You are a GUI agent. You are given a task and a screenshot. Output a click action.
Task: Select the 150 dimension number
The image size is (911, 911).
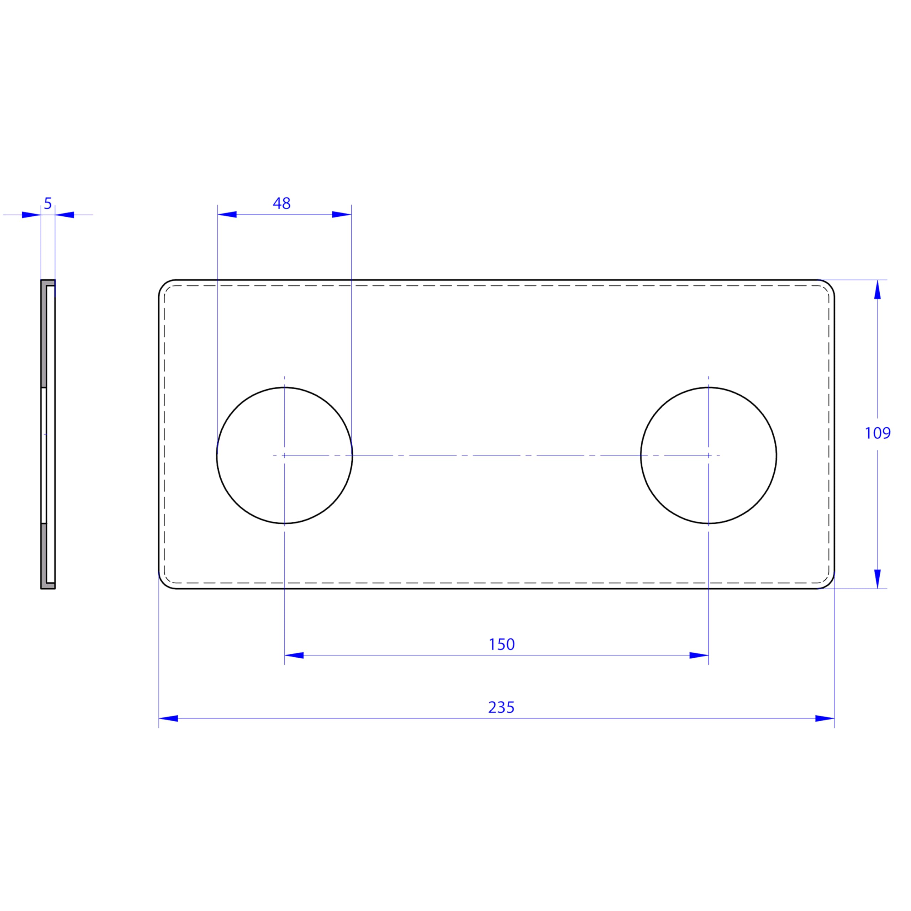coord(501,644)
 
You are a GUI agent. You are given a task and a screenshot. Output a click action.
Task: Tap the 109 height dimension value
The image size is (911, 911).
coord(878,433)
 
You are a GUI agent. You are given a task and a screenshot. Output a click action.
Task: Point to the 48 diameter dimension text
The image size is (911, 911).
coord(281,203)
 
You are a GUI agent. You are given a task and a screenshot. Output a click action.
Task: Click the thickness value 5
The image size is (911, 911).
coord(48,204)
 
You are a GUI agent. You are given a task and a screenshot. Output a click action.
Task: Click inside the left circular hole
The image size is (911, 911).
coord(284,455)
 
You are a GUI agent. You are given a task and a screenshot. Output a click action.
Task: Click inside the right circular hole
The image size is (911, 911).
coord(708,455)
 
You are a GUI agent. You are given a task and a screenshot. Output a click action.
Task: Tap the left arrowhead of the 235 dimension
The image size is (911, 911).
coord(168,718)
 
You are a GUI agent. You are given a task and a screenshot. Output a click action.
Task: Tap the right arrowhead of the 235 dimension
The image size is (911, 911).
coord(825,718)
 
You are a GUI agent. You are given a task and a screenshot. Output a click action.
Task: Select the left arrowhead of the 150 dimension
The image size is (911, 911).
coord(294,655)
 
